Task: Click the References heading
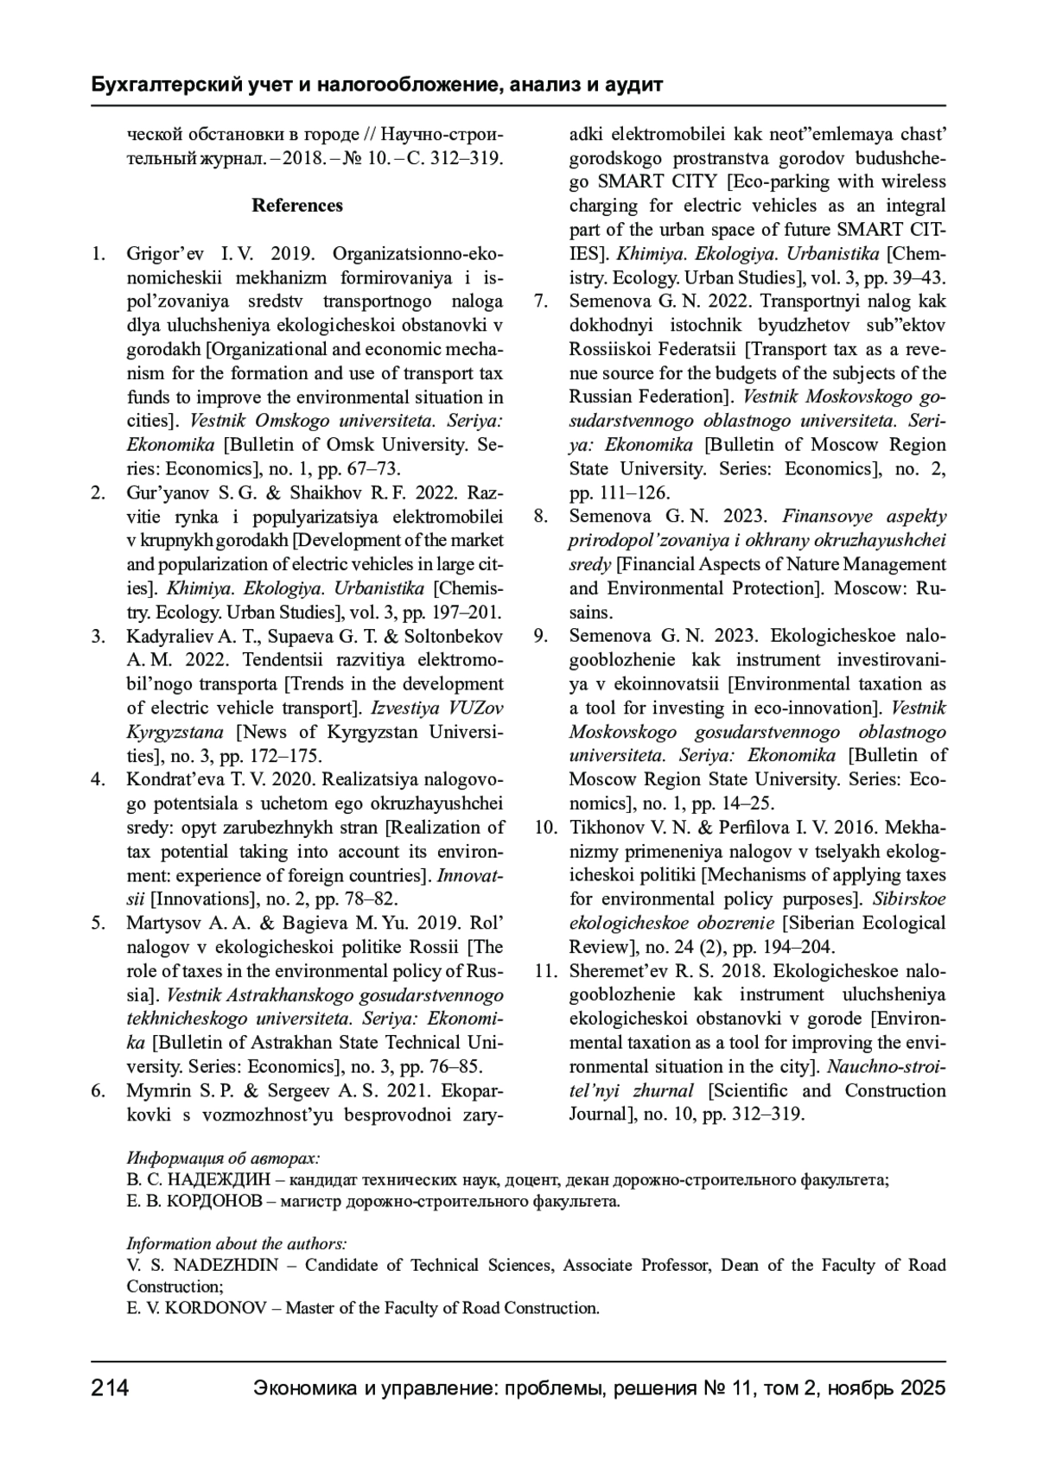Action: click(x=297, y=206)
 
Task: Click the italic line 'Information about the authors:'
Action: click(x=237, y=1244)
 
